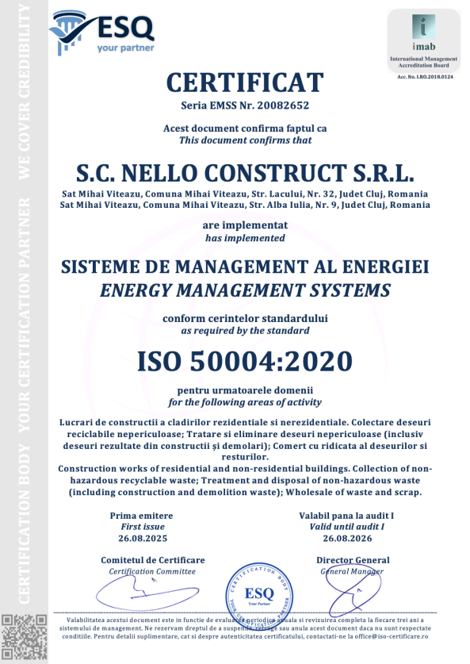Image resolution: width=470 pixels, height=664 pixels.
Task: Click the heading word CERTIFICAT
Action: point(245,82)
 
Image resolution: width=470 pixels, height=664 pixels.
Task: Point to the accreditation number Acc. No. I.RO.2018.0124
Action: point(423,75)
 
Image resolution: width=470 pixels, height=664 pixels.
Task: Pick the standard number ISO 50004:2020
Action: point(245,361)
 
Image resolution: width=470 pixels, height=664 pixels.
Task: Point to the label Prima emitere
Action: point(141,516)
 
